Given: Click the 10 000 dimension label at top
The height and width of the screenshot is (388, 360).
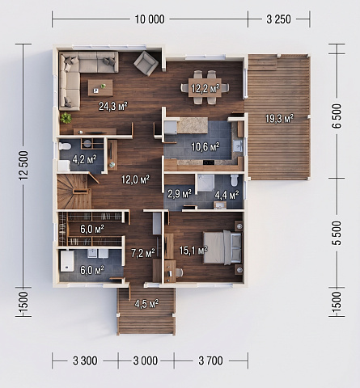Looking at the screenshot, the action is pyautogui.click(x=150, y=19).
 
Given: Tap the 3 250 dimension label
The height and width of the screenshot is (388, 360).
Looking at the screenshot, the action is pyautogui.click(x=279, y=19).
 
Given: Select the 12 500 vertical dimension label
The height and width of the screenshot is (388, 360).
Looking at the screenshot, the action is pyautogui.click(x=23, y=165).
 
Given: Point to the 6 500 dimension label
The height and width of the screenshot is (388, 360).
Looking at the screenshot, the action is pyautogui.click(x=337, y=116).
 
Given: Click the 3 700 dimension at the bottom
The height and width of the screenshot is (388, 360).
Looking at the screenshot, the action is pyautogui.click(x=210, y=361).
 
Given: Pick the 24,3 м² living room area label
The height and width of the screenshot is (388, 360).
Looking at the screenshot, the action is pyautogui.click(x=113, y=106).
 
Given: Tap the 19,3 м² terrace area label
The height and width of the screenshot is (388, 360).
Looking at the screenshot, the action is pyautogui.click(x=279, y=118).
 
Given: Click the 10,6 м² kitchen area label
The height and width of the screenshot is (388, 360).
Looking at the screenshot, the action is pyautogui.click(x=205, y=147).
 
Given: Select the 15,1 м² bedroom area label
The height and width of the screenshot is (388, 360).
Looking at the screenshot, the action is pyautogui.click(x=193, y=251).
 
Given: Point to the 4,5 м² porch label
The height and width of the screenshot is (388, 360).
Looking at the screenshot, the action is pyautogui.click(x=146, y=304).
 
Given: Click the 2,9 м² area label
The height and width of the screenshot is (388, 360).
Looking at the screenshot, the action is pyautogui.click(x=180, y=193).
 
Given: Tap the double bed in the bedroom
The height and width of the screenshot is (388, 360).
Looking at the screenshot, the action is pyautogui.click(x=222, y=247).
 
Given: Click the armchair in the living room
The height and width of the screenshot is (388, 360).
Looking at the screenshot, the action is pyautogui.click(x=146, y=63).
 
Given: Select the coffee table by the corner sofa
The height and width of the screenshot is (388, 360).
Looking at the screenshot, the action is pyautogui.click(x=100, y=87).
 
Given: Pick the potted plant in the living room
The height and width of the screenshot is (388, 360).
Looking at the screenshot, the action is pyautogui.click(x=66, y=118).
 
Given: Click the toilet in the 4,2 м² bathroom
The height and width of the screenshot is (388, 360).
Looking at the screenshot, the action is pyautogui.click(x=65, y=146).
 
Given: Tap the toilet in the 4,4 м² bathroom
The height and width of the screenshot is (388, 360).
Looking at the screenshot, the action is pyautogui.click(x=235, y=180).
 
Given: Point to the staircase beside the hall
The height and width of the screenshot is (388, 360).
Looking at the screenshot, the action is pyautogui.click(x=74, y=192).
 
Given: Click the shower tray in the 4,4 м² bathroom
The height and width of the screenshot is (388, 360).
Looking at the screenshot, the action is pyautogui.click(x=206, y=183).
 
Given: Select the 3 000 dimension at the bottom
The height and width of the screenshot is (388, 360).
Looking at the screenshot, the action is pyautogui.click(x=146, y=361).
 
